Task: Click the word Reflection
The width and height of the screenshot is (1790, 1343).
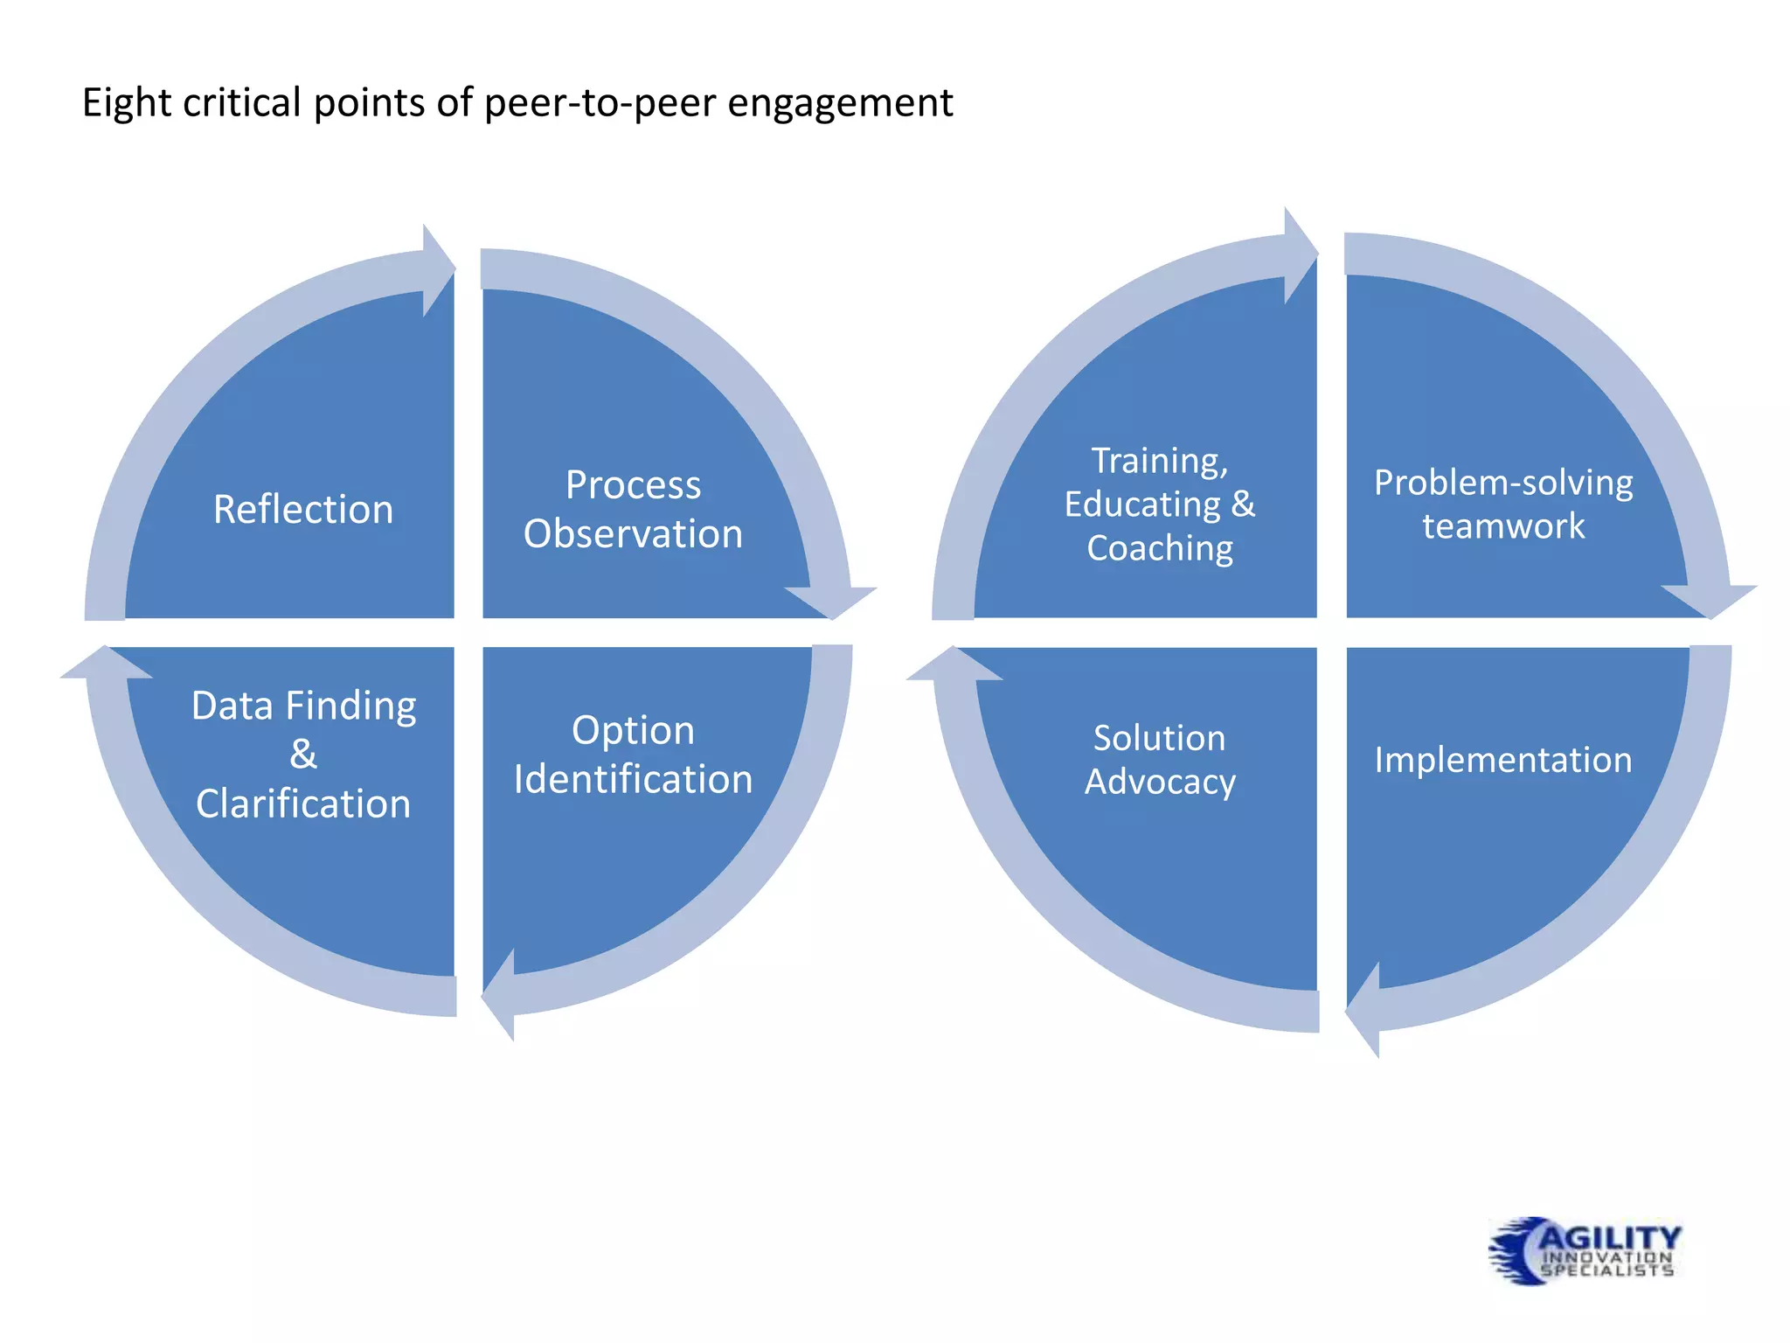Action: (x=303, y=510)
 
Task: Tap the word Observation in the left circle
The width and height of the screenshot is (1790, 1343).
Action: (x=633, y=534)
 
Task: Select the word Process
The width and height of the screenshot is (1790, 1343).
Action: (x=633, y=485)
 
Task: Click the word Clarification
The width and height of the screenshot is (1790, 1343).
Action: (x=303, y=804)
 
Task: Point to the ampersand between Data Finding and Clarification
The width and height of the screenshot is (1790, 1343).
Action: (x=303, y=755)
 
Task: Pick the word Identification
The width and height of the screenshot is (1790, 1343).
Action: (x=633, y=779)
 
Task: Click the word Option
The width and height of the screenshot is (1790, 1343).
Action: (x=633, y=730)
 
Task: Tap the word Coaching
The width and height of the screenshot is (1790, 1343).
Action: (x=1160, y=548)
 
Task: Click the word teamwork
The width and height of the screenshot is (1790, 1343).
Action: (x=1503, y=526)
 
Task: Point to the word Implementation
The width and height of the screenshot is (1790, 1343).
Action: (x=1503, y=760)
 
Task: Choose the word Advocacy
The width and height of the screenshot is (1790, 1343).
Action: (x=1160, y=782)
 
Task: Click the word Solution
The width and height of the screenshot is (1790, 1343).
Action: (x=1160, y=738)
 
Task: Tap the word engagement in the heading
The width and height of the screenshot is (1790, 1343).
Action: (x=840, y=103)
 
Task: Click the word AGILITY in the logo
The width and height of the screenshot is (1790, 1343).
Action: (x=1609, y=1237)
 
